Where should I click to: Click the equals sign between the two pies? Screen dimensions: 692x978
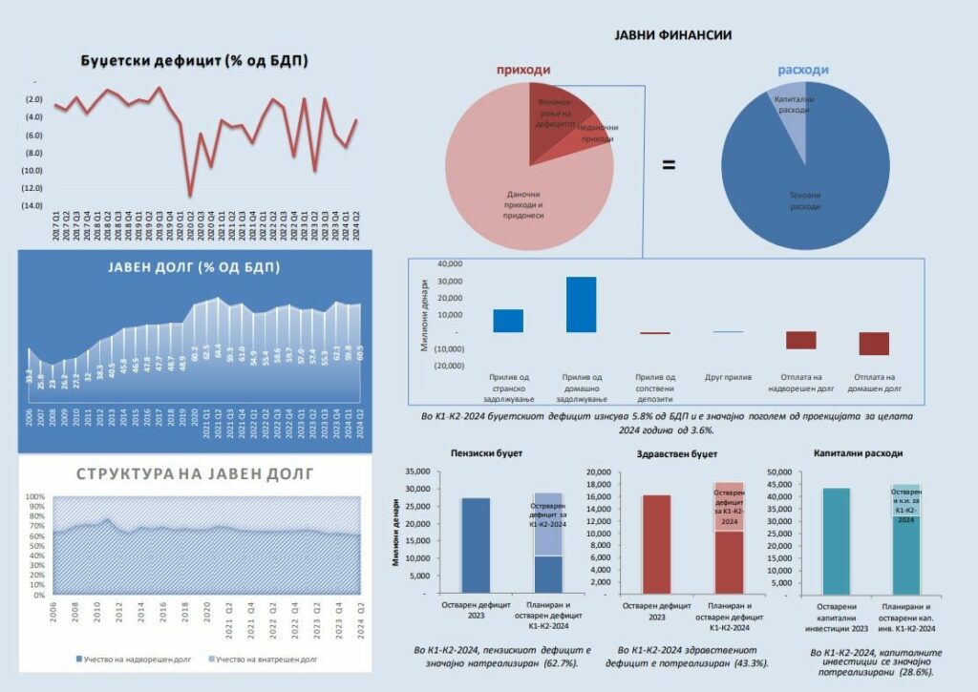(x=669, y=164)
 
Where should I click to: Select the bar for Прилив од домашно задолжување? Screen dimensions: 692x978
(x=581, y=304)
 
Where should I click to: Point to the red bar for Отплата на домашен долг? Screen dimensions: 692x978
(x=873, y=344)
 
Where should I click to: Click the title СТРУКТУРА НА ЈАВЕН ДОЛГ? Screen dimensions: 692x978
(x=192, y=472)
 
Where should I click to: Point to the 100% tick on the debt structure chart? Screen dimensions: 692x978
(x=35, y=497)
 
